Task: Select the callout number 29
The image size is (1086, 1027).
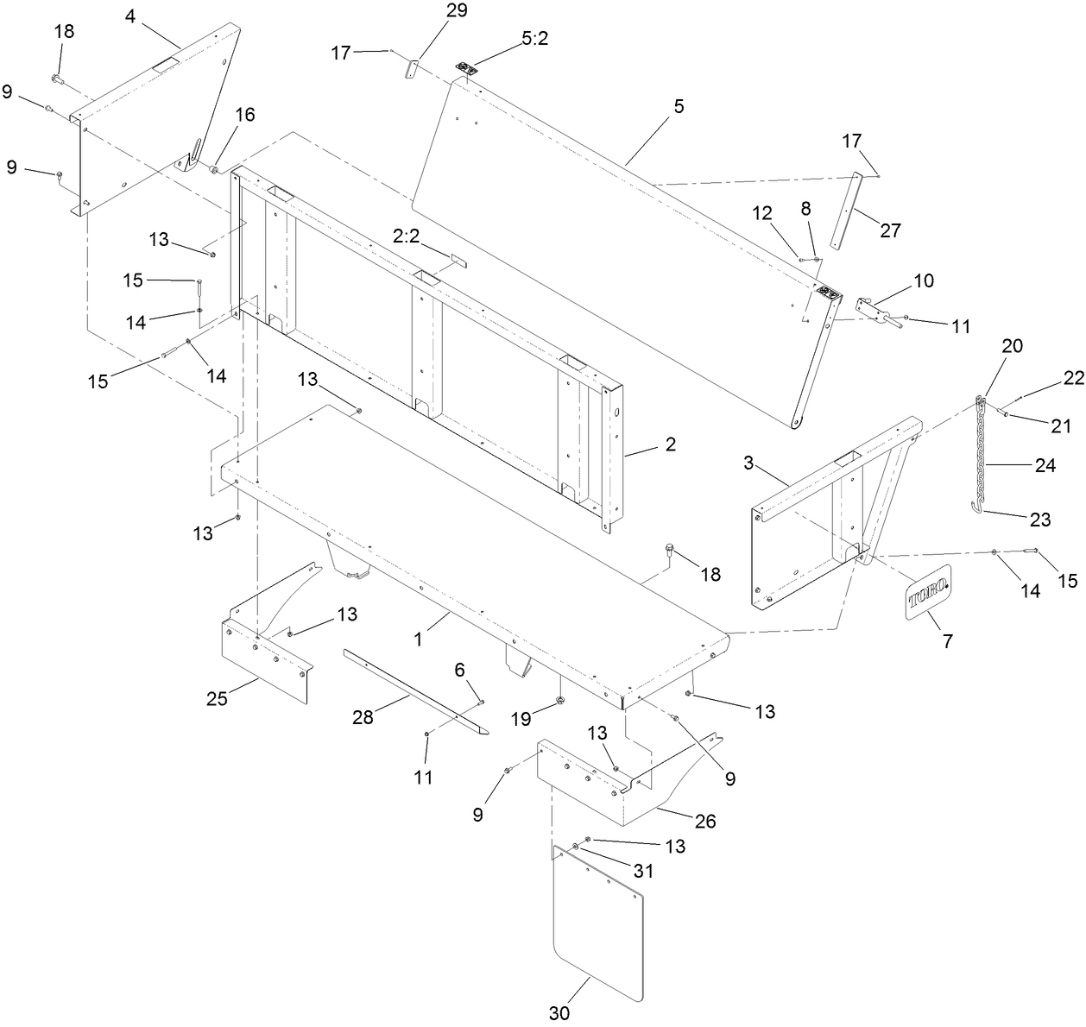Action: (457, 11)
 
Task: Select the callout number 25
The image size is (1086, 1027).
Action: (217, 698)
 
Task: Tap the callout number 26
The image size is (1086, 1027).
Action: (705, 821)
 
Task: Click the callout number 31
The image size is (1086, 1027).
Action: (641, 872)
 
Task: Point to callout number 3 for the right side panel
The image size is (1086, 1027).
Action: (750, 463)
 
